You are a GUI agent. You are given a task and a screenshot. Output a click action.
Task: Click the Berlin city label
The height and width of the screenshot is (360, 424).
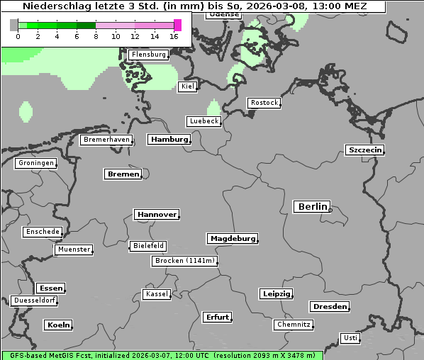point(311,207)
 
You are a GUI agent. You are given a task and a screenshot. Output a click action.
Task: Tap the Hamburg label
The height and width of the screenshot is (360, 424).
point(169,140)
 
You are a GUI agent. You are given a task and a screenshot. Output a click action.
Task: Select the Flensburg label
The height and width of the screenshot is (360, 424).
point(148,55)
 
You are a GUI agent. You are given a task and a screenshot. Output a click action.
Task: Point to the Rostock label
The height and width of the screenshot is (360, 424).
point(264,103)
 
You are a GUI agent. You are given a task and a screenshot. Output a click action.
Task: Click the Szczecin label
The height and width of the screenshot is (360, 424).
point(364,150)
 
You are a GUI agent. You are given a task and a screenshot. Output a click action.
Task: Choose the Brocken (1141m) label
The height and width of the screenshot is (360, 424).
point(184,261)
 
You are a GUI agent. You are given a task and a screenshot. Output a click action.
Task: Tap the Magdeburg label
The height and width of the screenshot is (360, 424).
point(232,238)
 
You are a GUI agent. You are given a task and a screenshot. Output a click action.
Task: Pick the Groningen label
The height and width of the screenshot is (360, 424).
point(35,163)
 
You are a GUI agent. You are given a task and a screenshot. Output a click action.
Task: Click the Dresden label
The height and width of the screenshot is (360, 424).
point(329,307)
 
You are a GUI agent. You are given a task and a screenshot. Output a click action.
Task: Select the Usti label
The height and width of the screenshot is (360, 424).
point(350,338)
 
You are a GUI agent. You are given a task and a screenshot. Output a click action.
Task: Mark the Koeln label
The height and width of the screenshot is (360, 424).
point(58,325)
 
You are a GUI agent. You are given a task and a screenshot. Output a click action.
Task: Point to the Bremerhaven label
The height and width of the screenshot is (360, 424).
point(106,140)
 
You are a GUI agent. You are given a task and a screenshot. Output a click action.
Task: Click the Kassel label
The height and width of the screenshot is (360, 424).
point(157,294)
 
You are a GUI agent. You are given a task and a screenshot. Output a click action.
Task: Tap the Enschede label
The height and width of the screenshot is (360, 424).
point(42,232)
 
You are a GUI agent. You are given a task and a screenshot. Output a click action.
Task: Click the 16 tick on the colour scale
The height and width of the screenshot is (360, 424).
point(174,36)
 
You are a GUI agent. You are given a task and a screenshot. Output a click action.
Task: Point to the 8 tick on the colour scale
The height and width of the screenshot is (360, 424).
point(96,36)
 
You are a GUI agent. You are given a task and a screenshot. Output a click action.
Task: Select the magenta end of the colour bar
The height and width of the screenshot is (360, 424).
point(177,25)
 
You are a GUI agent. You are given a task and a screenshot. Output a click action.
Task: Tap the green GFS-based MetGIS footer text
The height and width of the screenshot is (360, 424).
point(162,355)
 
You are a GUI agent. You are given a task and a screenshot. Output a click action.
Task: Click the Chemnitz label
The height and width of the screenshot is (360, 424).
point(294,325)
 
